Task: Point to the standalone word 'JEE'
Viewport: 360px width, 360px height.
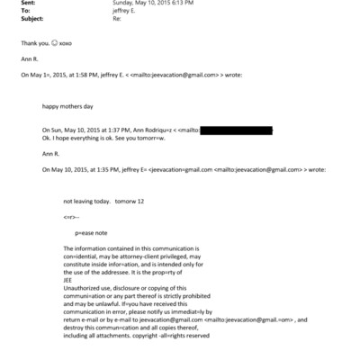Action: tap(69, 279)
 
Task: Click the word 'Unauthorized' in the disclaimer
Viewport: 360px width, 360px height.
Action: tap(83, 287)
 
